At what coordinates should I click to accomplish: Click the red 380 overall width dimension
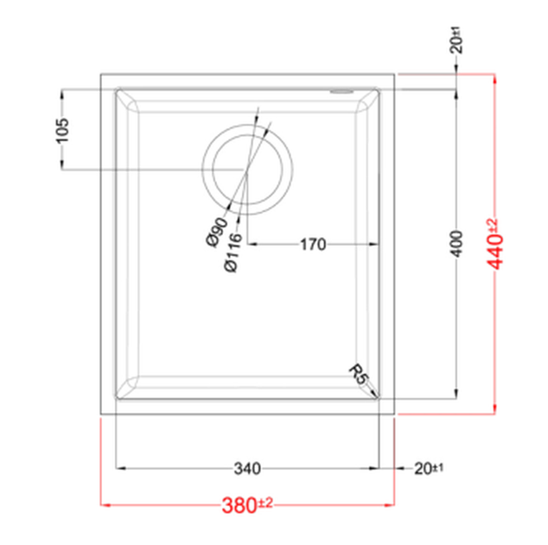247,504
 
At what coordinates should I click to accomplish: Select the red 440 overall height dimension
495,244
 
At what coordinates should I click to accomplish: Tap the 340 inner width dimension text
247,468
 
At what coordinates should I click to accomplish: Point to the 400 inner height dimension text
456,244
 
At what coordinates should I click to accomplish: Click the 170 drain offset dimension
313,244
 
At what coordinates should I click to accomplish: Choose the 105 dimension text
62,131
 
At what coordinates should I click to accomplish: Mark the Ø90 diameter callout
217,232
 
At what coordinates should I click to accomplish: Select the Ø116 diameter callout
233,253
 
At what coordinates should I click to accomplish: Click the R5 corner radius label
359,375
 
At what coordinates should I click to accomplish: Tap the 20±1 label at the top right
456,41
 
